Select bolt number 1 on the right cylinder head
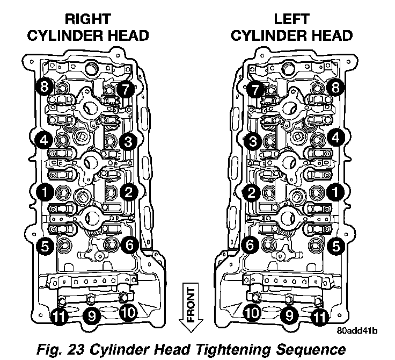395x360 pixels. pyautogui.click(x=44, y=190)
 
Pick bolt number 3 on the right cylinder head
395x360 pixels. pyautogui.click(x=128, y=141)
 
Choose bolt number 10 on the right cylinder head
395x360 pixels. pyautogui.click(x=128, y=312)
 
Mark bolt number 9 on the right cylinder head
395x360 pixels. pyautogui.click(x=91, y=316)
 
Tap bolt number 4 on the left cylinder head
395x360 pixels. pyautogui.click(x=337, y=138)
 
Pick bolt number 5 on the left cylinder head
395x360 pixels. pyautogui.click(x=337, y=247)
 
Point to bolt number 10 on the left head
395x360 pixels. pyautogui.click(x=252, y=312)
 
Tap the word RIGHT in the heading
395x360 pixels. pyautogui.click(x=89, y=20)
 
